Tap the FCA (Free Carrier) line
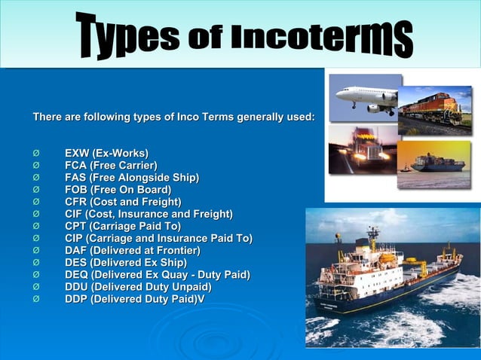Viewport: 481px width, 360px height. pos(111,165)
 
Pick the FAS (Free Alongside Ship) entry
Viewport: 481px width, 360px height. pos(132,177)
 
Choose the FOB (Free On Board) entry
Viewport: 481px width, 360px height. pos(118,189)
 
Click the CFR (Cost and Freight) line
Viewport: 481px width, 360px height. pos(123,202)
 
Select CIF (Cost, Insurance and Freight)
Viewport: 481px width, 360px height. pos(149,214)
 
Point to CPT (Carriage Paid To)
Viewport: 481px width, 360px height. pos(123,226)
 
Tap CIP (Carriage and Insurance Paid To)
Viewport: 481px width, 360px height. pos(158,238)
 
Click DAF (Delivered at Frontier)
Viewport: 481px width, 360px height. pos(133,250)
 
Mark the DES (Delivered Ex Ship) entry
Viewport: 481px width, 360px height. pos(125,262)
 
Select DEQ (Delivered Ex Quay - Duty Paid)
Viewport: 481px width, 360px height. pos(158,274)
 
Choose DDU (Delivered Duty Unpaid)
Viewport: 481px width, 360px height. pos(138,287)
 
